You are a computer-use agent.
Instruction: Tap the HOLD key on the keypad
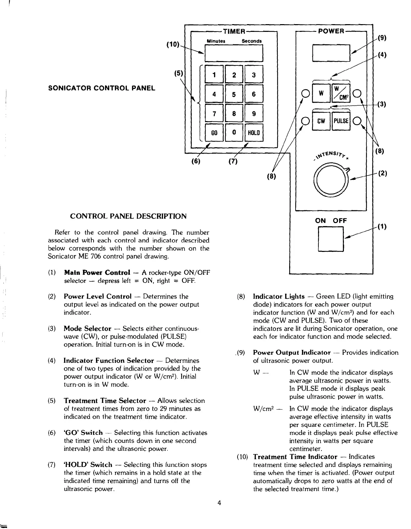coord(254,133)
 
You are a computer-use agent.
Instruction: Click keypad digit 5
coord(234,94)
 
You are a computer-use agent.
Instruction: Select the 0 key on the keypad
coord(234,133)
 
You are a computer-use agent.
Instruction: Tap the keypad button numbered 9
coord(254,114)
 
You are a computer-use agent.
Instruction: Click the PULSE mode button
coord(341,121)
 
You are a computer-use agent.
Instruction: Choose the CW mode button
coord(321,121)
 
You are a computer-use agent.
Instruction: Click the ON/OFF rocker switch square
coord(330,239)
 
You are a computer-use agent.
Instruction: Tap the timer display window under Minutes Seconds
coord(234,53)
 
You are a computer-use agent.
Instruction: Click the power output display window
coord(331,52)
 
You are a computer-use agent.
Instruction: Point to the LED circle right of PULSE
coord(357,121)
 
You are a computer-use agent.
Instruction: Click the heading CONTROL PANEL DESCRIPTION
coord(128,216)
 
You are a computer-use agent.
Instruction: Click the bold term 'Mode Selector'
coord(87,328)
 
